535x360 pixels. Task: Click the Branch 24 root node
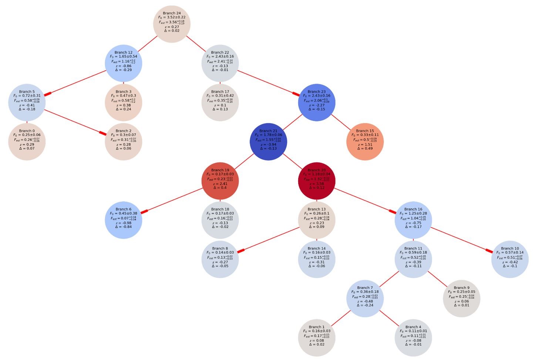pyautogui.click(x=172, y=24)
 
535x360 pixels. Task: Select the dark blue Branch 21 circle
pyautogui.click(x=268, y=142)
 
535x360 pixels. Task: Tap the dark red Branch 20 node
pyautogui.click(x=316, y=181)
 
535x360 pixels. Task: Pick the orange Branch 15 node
pyautogui.click(x=365, y=142)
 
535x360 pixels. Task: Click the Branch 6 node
pyautogui.click(x=124, y=220)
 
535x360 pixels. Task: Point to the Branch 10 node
pyautogui.click(x=509, y=259)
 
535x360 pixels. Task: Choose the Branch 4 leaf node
pyautogui.click(x=413, y=338)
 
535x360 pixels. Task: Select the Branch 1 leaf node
pyautogui.click(x=316, y=338)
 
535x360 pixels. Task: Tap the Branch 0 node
pyautogui.click(x=27, y=142)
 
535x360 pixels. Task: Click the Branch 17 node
pyautogui.click(x=220, y=102)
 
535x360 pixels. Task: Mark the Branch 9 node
pyautogui.click(x=461, y=299)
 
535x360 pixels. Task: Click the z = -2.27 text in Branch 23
pyautogui.click(x=316, y=105)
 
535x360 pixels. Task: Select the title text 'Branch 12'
pyautogui.click(x=124, y=53)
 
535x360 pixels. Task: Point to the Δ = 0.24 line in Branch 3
pyautogui.click(x=124, y=109)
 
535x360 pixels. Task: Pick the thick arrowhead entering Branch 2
pyautogui.click(x=102, y=133)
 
